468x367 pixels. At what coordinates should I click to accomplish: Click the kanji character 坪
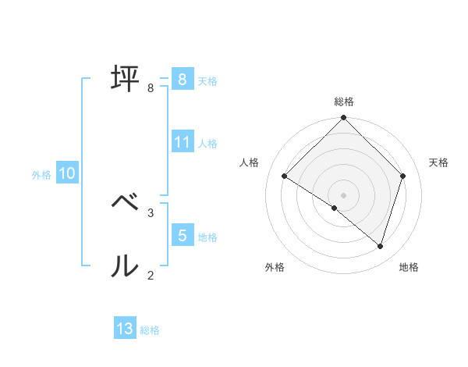click(126, 78)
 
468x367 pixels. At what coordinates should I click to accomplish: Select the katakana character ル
click(126, 265)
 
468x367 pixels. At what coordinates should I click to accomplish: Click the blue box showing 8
click(182, 79)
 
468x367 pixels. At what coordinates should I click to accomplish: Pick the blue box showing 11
click(183, 142)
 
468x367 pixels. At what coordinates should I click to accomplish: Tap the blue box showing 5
click(183, 235)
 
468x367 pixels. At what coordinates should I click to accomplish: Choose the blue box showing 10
click(67, 173)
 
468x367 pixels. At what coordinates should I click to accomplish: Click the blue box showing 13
click(125, 329)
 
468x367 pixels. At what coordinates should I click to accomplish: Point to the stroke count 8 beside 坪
click(151, 88)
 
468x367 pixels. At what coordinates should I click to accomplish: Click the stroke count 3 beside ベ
click(151, 212)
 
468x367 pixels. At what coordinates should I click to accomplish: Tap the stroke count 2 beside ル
click(151, 275)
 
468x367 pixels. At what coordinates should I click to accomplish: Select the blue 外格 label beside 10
click(41, 175)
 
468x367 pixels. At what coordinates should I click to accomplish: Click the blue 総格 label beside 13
click(150, 330)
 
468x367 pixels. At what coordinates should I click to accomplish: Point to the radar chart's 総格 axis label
click(344, 102)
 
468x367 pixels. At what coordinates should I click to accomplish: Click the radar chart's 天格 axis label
click(439, 162)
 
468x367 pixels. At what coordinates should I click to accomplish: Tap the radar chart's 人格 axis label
click(250, 162)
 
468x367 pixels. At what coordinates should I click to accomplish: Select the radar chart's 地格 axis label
click(409, 267)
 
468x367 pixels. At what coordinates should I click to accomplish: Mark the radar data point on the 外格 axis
click(335, 208)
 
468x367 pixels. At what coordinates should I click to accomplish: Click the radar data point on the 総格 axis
click(344, 119)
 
